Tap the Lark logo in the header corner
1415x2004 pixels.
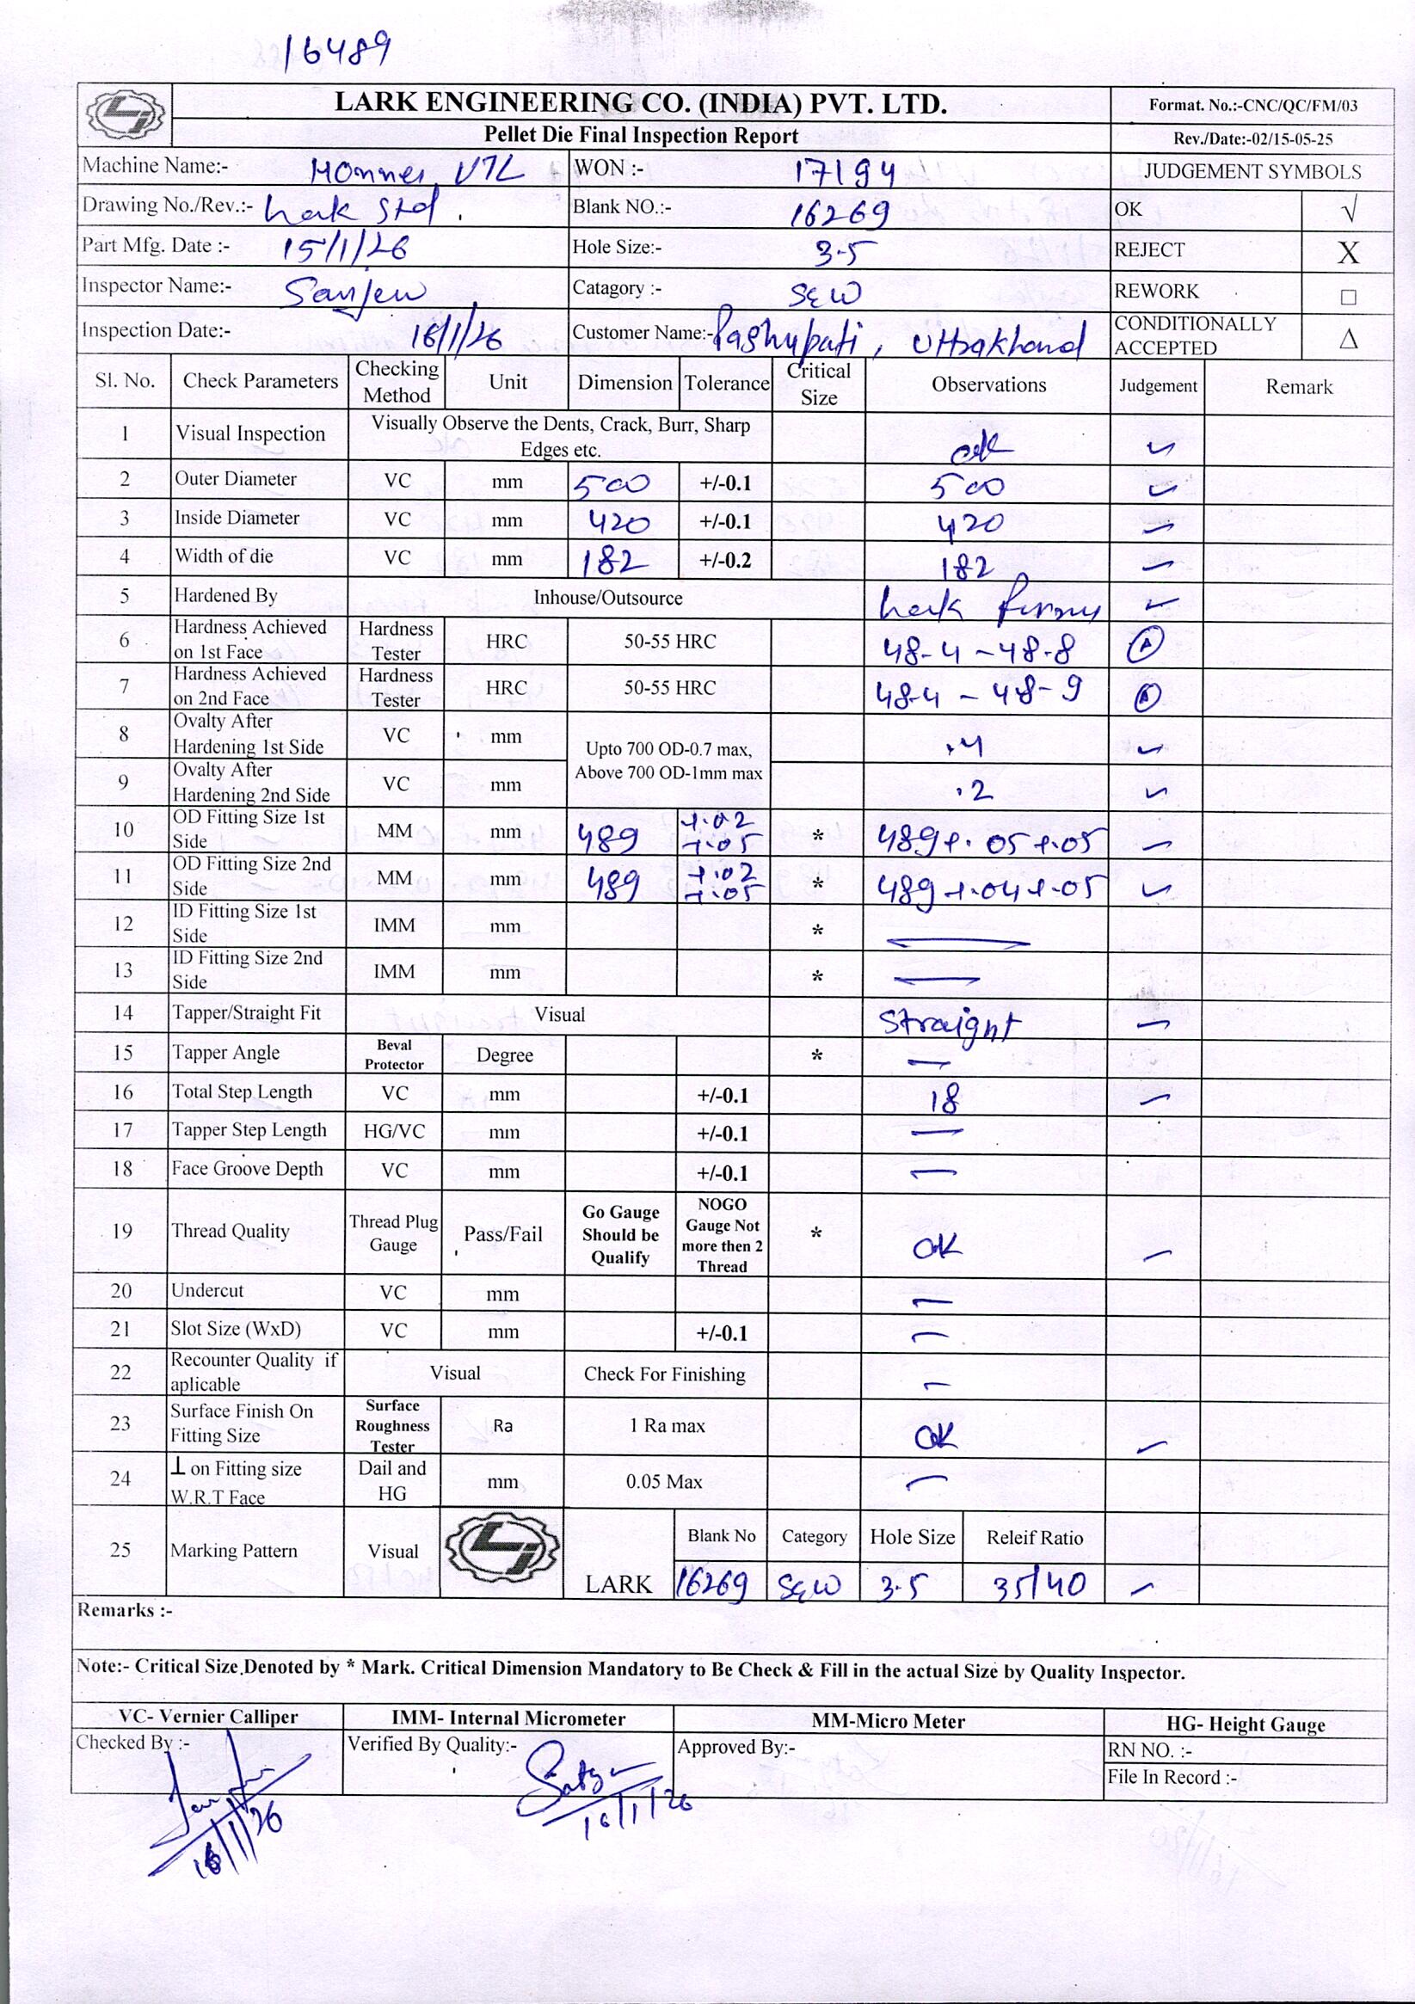click(x=125, y=114)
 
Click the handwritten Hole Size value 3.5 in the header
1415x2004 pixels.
click(x=834, y=252)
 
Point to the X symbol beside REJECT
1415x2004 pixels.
click(x=1347, y=253)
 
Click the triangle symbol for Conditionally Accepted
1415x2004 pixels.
click(x=1347, y=339)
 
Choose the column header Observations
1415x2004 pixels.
click(x=988, y=385)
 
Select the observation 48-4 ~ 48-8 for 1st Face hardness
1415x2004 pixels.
click(x=978, y=650)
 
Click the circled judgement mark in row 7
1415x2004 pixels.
click(x=1146, y=696)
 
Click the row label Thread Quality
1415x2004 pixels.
click(x=231, y=1232)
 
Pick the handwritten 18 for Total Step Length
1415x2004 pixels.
click(x=944, y=1098)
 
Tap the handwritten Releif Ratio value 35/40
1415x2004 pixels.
click(x=1039, y=1584)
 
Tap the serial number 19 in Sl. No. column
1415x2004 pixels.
click(x=121, y=1232)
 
